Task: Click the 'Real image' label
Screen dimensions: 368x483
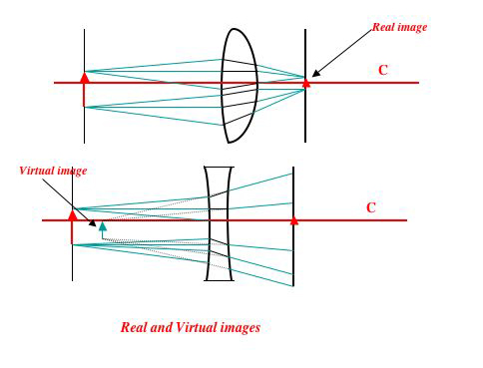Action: [x=399, y=27]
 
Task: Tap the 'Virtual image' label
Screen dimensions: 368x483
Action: [x=53, y=171]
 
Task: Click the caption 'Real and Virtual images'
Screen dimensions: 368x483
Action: [x=190, y=327]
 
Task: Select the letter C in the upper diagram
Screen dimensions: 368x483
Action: [x=383, y=70]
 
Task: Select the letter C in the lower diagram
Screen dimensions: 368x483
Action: [x=370, y=207]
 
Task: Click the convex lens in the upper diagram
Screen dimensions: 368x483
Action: [x=240, y=85]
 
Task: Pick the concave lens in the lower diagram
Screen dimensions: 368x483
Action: [x=220, y=223]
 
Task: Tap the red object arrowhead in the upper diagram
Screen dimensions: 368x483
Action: [x=84, y=77]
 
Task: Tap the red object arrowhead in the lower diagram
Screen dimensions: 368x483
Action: [x=72, y=214]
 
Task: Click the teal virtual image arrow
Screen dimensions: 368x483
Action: [x=102, y=229]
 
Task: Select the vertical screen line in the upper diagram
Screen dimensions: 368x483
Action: [x=305, y=120]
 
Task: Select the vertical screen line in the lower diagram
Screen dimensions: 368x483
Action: [x=293, y=259]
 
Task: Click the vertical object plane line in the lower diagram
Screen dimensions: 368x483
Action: [x=72, y=259]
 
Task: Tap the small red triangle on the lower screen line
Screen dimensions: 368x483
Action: [x=293, y=219]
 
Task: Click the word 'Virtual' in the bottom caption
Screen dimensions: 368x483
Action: [x=194, y=327]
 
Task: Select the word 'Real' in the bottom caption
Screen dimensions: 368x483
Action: [x=135, y=327]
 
